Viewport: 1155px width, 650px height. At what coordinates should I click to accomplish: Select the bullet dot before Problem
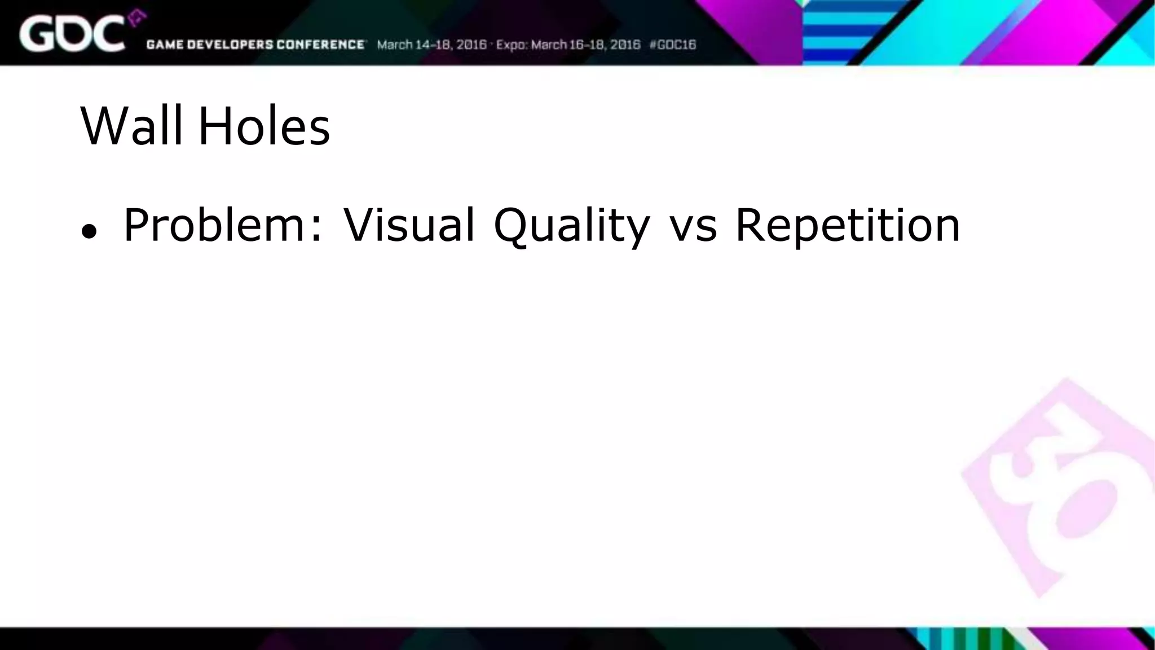(89, 231)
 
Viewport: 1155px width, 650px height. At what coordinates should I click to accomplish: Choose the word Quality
(571, 226)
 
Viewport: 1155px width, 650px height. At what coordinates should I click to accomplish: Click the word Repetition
(848, 226)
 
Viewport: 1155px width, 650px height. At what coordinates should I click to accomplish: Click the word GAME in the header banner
(164, 45)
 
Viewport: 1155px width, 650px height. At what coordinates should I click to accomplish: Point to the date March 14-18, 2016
(431, 45)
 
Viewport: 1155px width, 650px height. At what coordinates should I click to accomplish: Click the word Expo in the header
(512, 45)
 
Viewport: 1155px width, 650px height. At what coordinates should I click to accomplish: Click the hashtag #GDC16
(673, 45)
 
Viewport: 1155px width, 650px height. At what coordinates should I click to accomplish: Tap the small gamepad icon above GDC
(136, 19)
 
